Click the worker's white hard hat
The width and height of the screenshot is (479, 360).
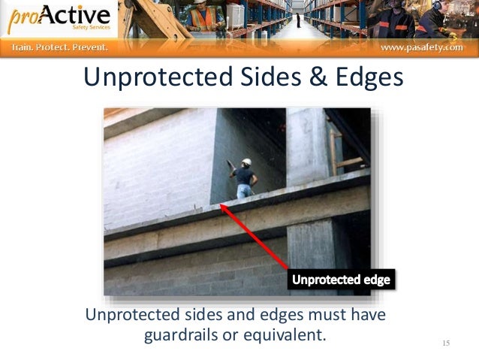click(246, 162)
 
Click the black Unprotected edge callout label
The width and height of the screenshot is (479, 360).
click(341, 280)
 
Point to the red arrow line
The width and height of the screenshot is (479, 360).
click(255, 237)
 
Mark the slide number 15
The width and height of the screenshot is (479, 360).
click(446, 343)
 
